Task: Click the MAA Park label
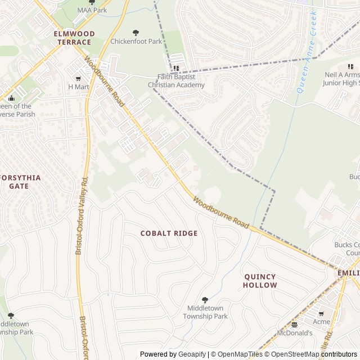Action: (92, 10)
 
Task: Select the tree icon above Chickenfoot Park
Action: (135, 33)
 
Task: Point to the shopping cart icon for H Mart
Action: (78, 79)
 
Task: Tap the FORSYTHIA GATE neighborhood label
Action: (20, 182)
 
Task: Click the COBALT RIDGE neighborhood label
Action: (169, 233)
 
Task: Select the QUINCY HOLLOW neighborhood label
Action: (260, 281)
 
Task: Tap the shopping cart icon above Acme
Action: (321, 313)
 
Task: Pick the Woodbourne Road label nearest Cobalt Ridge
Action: (220, 212)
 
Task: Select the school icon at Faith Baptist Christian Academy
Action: (176, 69)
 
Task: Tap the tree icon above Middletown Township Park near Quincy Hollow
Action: (205, 300)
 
